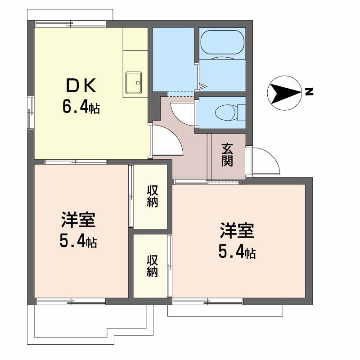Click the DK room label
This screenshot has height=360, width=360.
[81, 85]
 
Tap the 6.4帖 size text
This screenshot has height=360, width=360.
[81, 107]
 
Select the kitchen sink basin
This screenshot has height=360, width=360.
[133, 83]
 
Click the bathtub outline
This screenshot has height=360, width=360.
[222, 42]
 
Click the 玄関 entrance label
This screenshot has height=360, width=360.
[227, 155]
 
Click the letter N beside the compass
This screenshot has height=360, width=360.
[309, 92]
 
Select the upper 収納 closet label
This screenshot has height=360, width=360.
[152, 196]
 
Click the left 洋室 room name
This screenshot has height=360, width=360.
[78, 220]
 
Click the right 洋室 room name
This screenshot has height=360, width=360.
[237, 230]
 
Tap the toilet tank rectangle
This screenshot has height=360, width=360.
[241, 112]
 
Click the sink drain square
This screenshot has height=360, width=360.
[138, 83]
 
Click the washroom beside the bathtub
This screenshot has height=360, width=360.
[173, 60]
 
